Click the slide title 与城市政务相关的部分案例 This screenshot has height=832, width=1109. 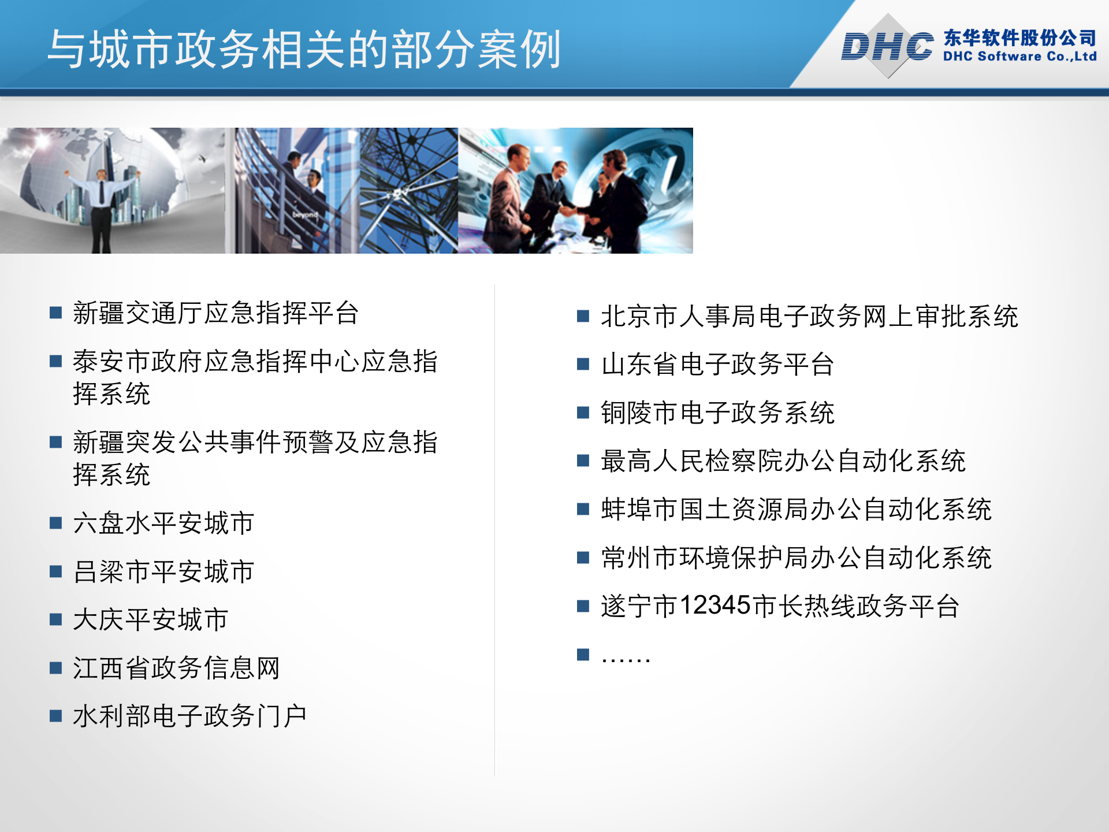pyautogui.click(x=304, y=50)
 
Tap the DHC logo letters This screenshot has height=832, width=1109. pyautogui.click(x=886, y=46)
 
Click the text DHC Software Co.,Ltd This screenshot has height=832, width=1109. pyautogui.click(x=1019, y=57)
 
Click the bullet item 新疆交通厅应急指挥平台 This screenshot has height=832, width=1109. pyautogui.click(x=215, y=313)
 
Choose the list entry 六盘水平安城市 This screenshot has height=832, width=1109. pyautogui.click(x=163, y=523)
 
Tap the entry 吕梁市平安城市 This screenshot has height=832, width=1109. pyautogui.click(x=163, y=571)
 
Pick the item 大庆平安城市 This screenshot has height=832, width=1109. pyautogui.click(x=150, y=619)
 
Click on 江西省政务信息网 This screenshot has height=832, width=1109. pyautogui.click(x=176, y=668)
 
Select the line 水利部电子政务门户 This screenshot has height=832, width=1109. pyautogui.click(x=189, y=716)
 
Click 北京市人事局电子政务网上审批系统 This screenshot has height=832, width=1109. pyautogui.click(x=809, y=317)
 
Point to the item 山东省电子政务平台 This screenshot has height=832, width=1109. pyautogui.click(x=717, y=365)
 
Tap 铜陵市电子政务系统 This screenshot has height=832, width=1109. pyautogui.click(x=717, y=413)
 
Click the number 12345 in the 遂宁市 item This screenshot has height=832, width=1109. pyautogui.click(x=714, y=606)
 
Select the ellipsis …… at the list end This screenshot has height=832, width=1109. pyautogui.click(x=626, y=657)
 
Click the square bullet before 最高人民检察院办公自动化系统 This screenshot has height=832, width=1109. pyautogui.click(x=583, y=460)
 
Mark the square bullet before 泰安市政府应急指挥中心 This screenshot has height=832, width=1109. pyautogui.click(x=55, y=362)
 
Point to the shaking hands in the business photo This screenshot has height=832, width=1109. pyautogui.click(x=569, y=211)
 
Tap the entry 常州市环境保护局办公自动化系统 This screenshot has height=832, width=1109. pyautogui.click(x=796, y=558)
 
